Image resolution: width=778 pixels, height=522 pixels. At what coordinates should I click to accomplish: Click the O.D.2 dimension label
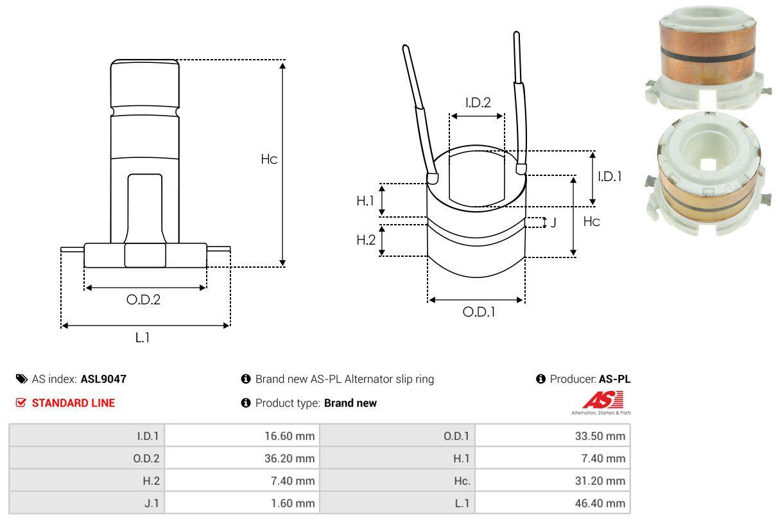tap(143, 299)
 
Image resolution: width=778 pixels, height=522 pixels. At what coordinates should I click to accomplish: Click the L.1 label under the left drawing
tap(143, 337)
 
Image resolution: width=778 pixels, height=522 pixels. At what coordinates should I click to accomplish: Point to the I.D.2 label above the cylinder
tap(478, 102)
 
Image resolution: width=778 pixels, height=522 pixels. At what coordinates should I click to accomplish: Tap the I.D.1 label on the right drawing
tap(609, 176)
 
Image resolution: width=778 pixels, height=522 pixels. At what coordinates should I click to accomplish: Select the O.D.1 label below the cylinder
tap(479, 312)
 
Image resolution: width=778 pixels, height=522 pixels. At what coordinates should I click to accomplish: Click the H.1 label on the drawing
tap(365, 200)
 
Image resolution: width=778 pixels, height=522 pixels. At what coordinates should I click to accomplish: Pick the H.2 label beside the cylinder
tap(365, 240)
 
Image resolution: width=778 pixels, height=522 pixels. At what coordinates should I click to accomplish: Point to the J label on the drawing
tap(553, 223)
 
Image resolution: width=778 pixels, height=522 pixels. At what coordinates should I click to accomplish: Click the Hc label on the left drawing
tap(269, 159)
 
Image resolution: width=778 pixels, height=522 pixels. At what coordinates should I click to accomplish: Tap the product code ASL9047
tap(103, 379)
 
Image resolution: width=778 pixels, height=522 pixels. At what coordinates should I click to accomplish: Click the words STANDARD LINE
tap(73, 403)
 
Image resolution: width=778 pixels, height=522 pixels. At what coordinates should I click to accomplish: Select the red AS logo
tap(602, 401)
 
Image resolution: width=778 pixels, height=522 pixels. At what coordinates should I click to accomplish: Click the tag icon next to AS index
tap(22, 379)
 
